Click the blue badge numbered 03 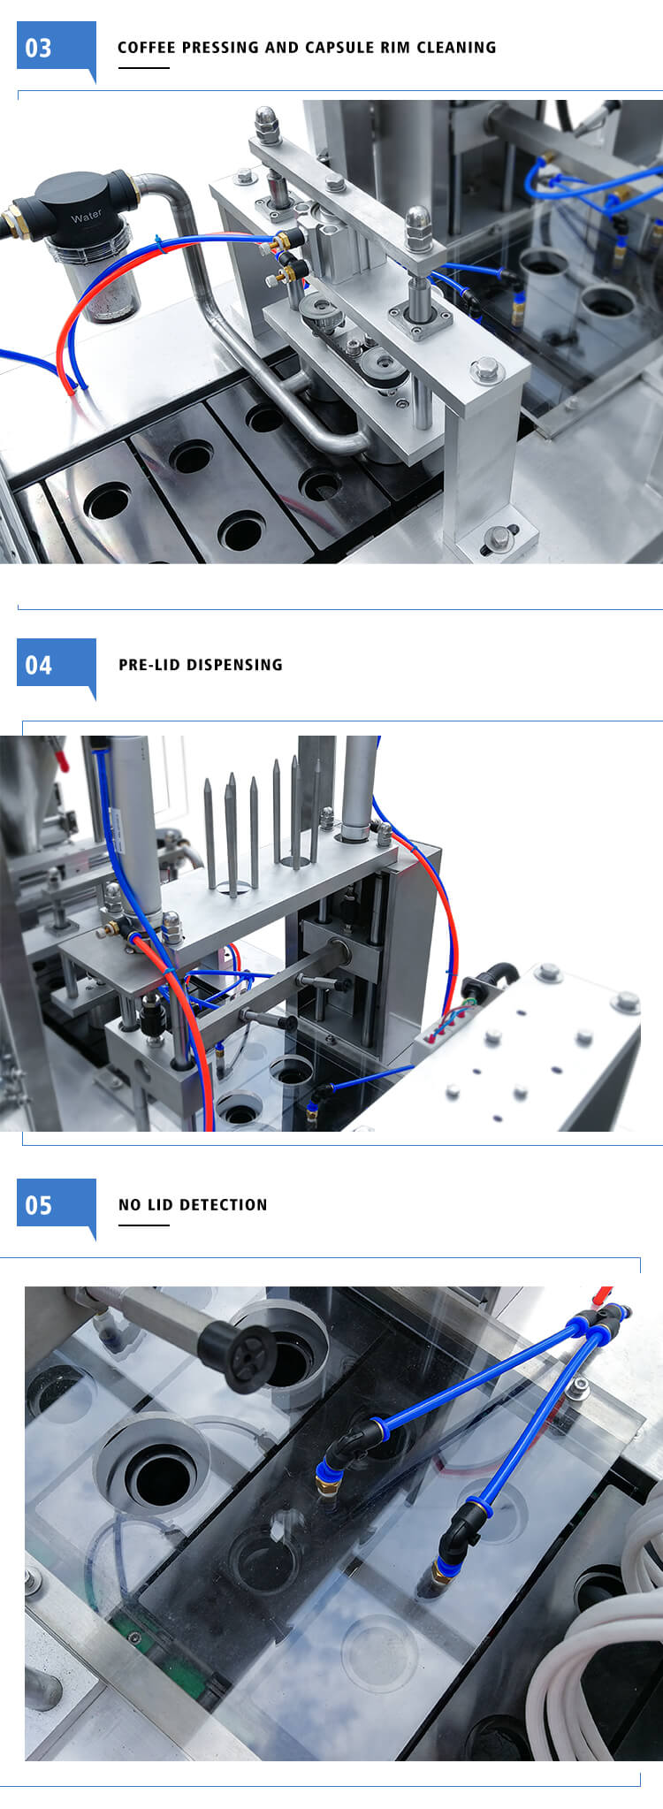point(56,50)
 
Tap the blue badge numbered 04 point(56,667)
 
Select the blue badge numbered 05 point(56,1207)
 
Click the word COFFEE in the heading point(147,48)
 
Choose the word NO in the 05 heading point(129,1205)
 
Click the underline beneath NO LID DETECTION point(143,1225)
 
